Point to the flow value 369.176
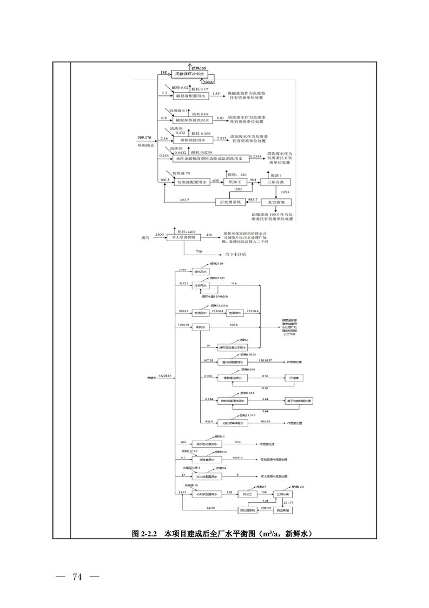click(x=144, y=138)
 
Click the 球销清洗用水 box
click(x=193, y=140)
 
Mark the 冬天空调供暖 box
click(x=183, y=236)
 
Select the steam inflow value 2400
click(x=159, y=234)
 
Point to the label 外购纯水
click(x=146, y=145)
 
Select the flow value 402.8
click(x=234, y=325)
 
